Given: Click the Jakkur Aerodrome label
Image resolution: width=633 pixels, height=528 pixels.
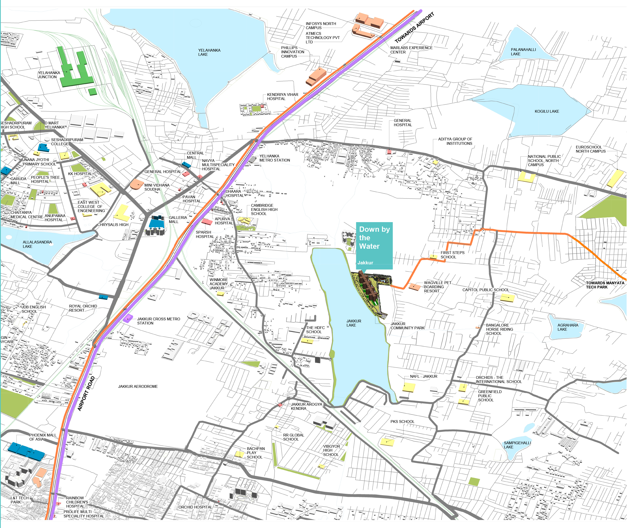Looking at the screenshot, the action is [x=138, y=386].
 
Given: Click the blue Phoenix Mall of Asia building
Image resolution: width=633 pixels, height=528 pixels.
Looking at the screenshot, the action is [x=26, y=451].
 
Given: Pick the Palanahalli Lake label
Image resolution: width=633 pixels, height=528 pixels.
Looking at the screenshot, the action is [x=523, y=52].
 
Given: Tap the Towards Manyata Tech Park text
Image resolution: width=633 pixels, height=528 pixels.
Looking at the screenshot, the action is [x=605, y=285].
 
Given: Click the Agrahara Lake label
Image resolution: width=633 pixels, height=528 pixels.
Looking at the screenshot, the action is [x=568, y=327].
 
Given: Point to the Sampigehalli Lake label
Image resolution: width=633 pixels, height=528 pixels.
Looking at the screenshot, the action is [x=517, y=445].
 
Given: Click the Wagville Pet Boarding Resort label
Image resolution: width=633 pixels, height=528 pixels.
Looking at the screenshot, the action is [x=437, y=287].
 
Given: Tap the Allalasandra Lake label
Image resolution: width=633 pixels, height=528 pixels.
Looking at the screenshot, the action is [x=37, y=244].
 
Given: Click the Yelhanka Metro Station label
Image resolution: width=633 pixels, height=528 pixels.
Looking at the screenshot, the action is [x=275, y=158].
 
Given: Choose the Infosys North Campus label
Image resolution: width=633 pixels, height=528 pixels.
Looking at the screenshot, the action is [x=321, y=26].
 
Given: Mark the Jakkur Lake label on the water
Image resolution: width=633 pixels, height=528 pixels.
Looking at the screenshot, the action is [x=353, y=323].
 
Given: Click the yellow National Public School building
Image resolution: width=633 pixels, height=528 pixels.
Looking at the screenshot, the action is [x=526, y=177].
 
